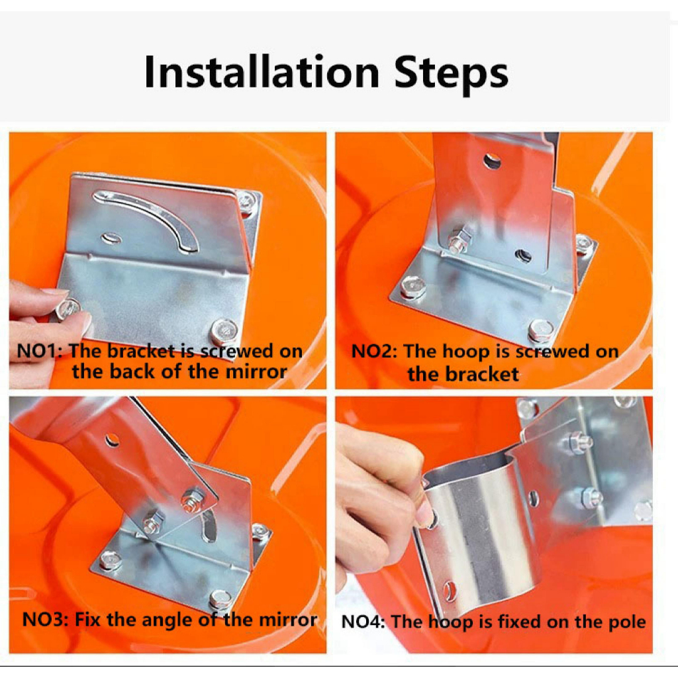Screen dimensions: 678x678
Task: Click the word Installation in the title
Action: point(262,72)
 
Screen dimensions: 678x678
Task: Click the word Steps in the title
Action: point(451,73)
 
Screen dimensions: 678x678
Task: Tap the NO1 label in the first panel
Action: point(37,351)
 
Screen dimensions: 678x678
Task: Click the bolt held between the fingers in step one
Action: point(68,309)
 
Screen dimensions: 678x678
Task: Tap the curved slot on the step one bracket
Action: point(147,218)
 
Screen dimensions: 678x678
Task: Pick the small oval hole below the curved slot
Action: point(112,238)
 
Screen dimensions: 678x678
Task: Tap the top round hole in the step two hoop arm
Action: point(492,162)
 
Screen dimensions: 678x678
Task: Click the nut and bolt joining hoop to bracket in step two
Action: point(459,240)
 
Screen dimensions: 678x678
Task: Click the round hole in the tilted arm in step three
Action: point(112,440)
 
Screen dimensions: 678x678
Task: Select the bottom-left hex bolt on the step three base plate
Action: point(110,561)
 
